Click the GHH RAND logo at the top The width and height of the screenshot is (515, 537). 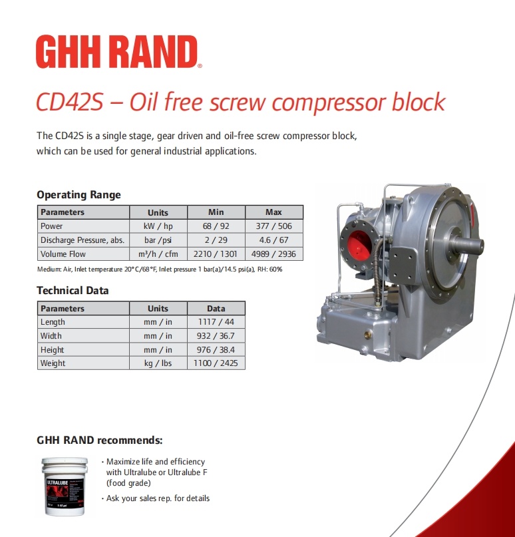[118, 51]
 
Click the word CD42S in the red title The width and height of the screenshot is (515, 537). [69, 102]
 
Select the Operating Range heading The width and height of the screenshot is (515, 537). [79, 194]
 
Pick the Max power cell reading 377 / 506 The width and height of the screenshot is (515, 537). [274, 226]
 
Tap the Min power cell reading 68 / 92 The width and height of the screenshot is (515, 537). [216, 226]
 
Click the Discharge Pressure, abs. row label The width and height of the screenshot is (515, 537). [83, 240]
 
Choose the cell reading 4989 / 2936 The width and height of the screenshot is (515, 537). [274, 254]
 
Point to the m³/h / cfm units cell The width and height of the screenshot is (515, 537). [158, 254]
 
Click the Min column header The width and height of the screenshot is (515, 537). [216, 212]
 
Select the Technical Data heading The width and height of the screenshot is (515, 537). [73, 290]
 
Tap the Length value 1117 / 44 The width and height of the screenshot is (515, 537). [216, 322]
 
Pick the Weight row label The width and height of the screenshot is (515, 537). [53, 363]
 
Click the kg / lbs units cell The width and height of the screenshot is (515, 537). [158, 363]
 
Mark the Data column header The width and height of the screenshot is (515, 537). [216, 308]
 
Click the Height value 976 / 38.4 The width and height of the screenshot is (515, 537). [216, 349]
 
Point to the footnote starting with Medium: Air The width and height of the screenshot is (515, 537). [160, 269]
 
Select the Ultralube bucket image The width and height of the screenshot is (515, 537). [65, 486]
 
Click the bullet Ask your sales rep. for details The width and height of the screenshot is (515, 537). [156, 498]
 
